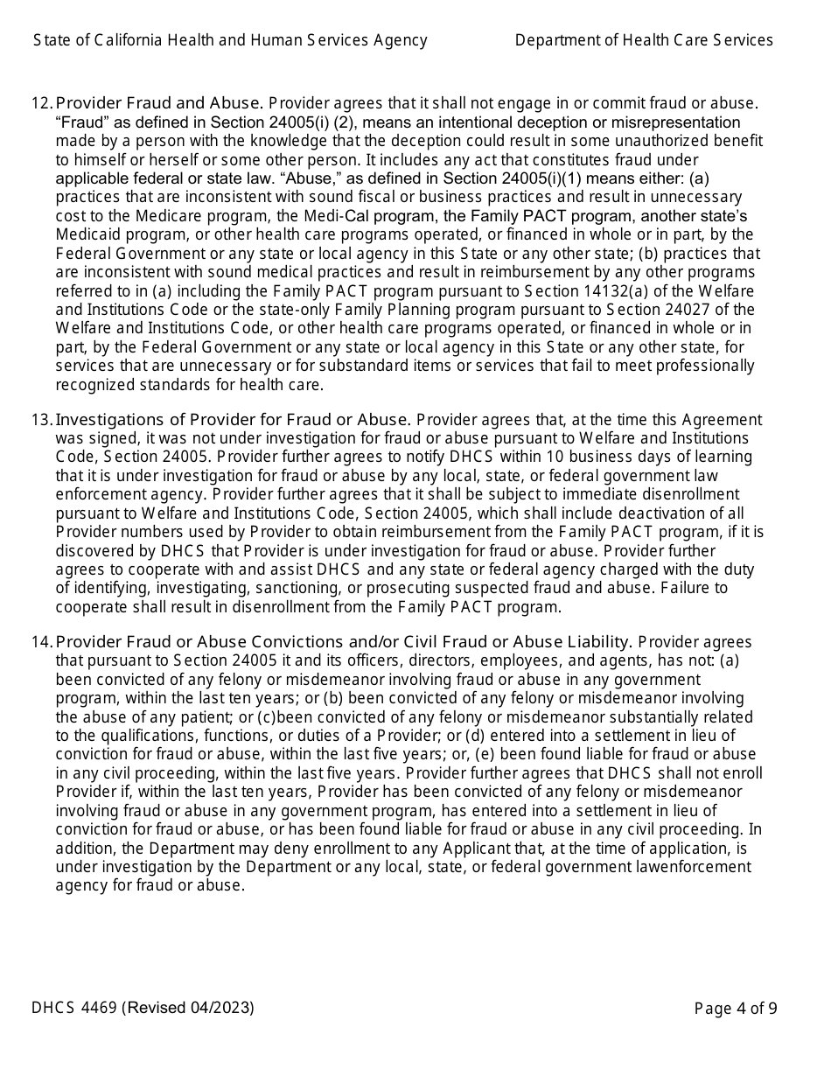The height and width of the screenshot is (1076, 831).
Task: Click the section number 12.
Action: click(41, 104)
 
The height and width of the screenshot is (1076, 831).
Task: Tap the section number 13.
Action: click(41, 420)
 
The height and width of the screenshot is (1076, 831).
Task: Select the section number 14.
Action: click(41, 642)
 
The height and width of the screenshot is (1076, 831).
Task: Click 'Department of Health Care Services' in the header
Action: click(644, 40)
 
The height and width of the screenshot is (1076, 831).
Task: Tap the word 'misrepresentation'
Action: click(670, 122)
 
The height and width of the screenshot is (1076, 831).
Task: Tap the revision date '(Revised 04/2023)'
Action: click(189, 1008)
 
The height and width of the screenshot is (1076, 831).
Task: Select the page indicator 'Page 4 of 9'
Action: click(736, 1009)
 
